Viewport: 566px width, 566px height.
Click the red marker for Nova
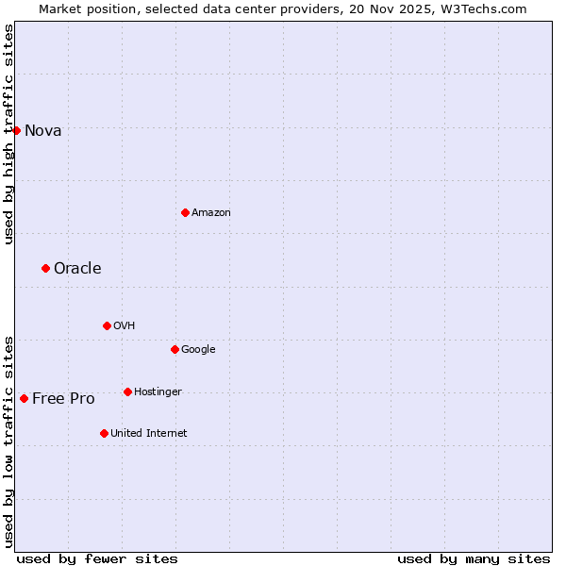[16, 130]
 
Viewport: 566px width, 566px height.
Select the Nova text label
[42, 131]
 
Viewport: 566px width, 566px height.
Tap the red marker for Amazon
[185, 212]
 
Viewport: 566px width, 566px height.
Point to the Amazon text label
[210, 213]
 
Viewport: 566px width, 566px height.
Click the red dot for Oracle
[45, 269]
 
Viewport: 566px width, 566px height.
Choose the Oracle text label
[77, 269]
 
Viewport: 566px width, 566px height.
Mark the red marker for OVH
[107, 325]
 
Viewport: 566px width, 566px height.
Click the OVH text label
[124, 326]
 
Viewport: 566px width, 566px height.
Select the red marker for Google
[175, 349]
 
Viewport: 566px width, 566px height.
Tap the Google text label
[198, 350]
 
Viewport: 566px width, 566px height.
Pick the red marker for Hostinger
[127, 391]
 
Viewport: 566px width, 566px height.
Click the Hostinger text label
[158, 392]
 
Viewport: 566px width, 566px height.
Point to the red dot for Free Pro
[24, 398]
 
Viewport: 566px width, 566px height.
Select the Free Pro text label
[63, 399]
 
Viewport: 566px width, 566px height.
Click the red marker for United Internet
[104, 433]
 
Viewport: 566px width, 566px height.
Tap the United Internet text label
[148, 434]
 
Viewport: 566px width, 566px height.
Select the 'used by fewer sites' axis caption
[97, 558]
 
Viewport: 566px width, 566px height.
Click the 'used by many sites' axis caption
[474, 558]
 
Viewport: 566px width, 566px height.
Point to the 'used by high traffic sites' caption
[8, 134]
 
